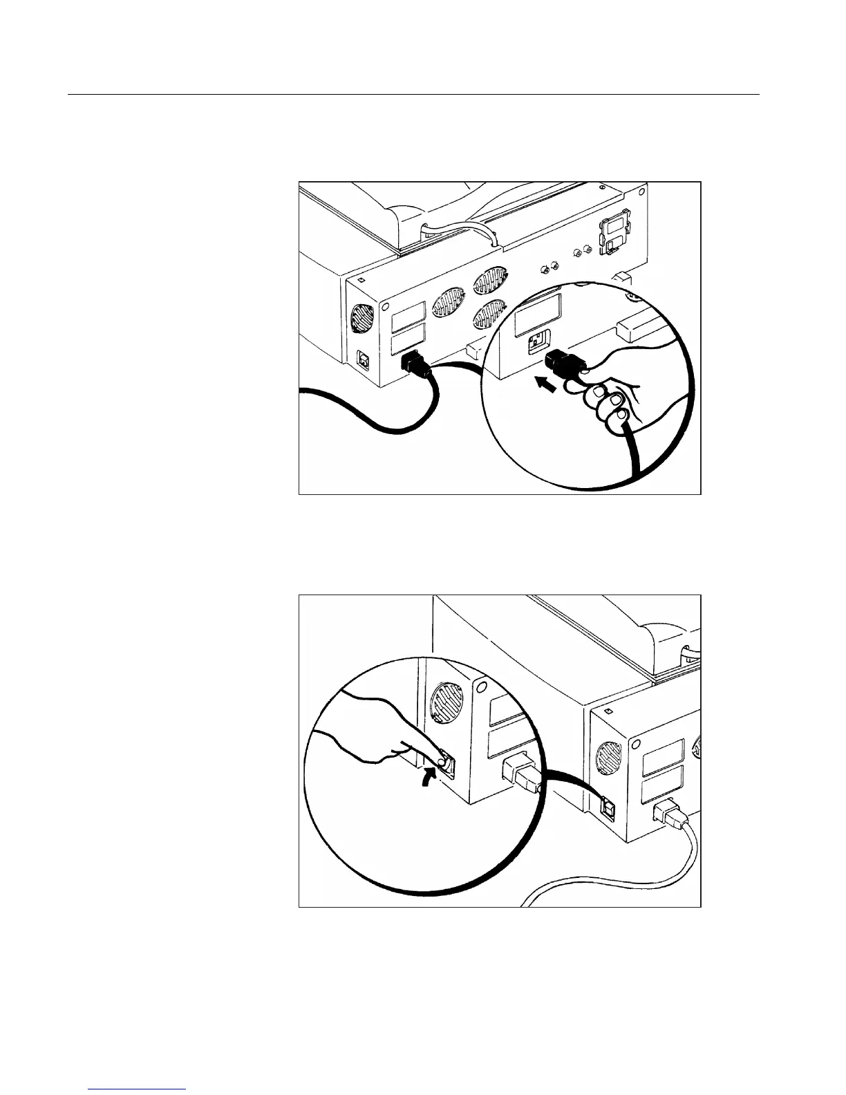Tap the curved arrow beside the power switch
431,781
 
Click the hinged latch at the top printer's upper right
614,231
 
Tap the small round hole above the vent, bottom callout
482,689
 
